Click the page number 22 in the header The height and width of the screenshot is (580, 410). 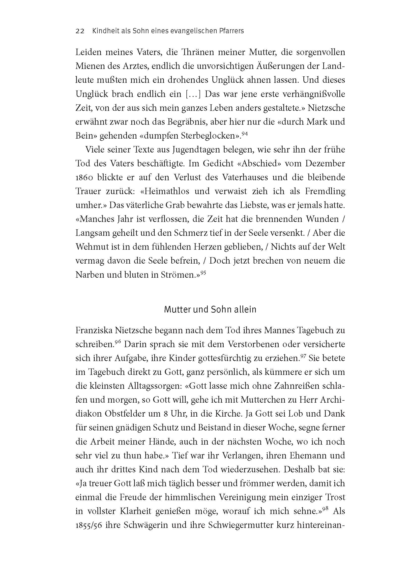tap(80, 31)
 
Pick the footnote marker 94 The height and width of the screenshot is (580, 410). tap(244, 134)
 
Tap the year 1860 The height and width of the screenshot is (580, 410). tap(85, 178)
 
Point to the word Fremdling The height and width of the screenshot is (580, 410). tap(325, 191)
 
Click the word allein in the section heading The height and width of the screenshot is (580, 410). tap(244, 309)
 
